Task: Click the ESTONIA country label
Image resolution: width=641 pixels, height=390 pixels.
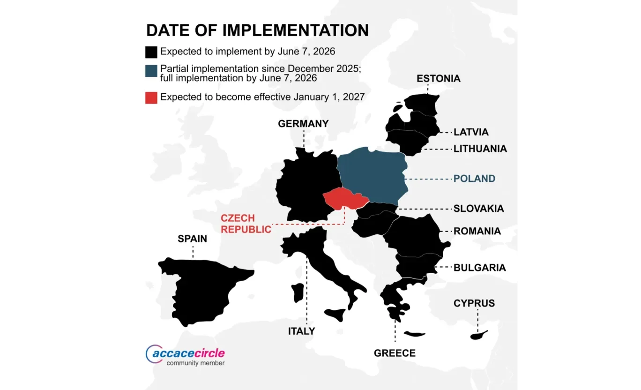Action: coord(439,79)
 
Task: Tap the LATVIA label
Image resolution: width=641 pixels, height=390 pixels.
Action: coord(471,132)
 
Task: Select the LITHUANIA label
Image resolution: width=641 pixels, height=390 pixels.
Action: coord(480,149)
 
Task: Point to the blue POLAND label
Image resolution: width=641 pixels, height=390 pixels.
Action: coord(474,179)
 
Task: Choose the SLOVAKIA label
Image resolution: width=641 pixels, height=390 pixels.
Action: coord(478,209)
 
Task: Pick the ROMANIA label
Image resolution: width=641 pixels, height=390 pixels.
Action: coord(477,231)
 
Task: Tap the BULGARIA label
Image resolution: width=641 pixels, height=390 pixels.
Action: coord(479,268)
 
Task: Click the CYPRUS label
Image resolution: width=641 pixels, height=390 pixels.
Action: coord(474,303)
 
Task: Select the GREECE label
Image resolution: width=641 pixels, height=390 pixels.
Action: coord(395,353)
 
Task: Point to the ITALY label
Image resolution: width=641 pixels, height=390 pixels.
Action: coord(301,331)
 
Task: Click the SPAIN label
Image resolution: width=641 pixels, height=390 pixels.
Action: coord(192,239)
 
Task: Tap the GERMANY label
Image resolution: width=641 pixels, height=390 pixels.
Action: coord(303,124)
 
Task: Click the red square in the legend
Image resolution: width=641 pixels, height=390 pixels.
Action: coord(151,97)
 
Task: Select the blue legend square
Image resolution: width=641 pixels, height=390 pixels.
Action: coord(151,71)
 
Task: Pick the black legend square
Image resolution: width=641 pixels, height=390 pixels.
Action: coord(151,52)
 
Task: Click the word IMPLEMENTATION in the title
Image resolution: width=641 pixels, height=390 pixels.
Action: coord(295,30)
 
